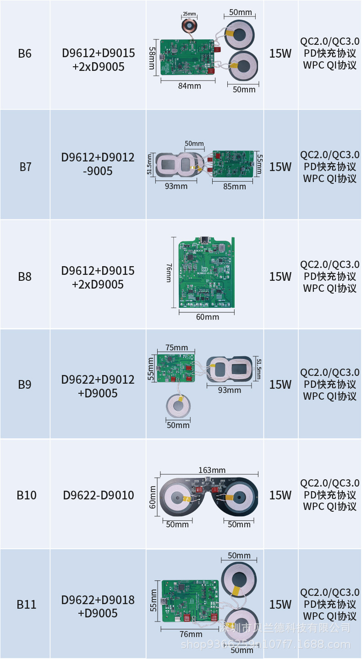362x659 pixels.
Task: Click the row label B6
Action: [x=25, y=54]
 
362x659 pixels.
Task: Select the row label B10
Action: [x=27, y=495]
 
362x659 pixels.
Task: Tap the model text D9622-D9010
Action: [x=99, y=495]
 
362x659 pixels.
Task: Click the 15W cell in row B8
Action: [x=280, y=277]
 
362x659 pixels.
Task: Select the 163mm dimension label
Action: [x=212, y=470]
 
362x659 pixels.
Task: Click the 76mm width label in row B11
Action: [x=191, y=634]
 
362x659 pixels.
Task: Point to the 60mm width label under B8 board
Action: [x=208, y=317]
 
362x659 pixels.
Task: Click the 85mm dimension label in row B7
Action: [x=235, y=186]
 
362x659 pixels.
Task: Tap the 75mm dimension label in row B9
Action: [x=176, y=348]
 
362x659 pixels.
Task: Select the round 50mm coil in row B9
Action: [x=178, y=406]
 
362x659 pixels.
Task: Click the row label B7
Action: [x=25, y=167]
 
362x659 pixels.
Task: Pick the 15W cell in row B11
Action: [x=280, y=605]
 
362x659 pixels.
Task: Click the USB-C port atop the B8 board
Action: [x=204, y=240]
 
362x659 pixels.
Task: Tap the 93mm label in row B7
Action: [x=176, y=186]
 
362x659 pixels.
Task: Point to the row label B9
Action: [x=25, y=385]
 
